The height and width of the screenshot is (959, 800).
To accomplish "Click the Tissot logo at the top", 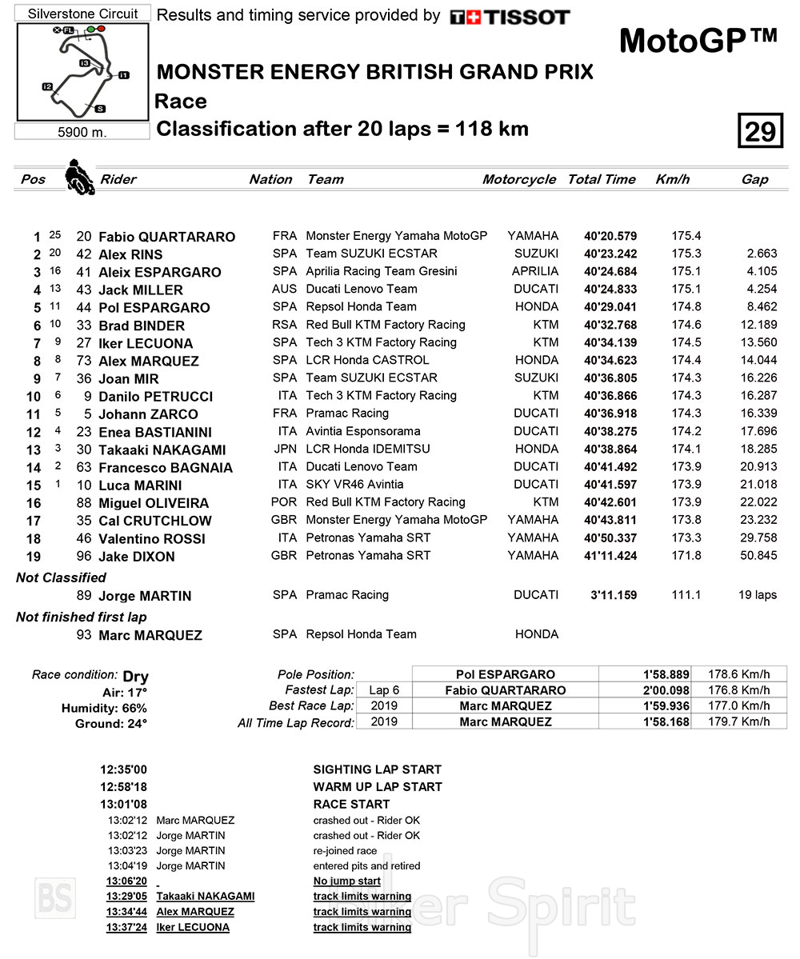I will tap(510, 17).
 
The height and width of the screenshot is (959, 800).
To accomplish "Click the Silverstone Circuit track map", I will tap(82, 72).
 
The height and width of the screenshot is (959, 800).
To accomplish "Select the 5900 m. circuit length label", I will tap(82, 132).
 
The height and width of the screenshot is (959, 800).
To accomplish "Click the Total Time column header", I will tap(602, 179).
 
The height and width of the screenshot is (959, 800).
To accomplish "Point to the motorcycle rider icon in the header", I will tap(79, 177).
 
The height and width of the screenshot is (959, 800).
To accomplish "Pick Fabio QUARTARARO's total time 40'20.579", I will tap(610, 236).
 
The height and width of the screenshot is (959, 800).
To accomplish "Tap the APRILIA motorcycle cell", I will tap(535, 272).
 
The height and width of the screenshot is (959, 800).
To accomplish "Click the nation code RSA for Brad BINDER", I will tap(284, 326).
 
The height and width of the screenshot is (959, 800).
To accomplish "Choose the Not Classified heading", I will tap(61, 577).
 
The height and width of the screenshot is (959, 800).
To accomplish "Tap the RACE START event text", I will tap(351, 804).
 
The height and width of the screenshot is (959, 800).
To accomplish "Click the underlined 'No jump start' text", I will tap(347, 881).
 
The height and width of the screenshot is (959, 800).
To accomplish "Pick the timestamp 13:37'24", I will tap(127, 928).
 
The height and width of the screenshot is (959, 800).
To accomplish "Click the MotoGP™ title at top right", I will tap(698, 41).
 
